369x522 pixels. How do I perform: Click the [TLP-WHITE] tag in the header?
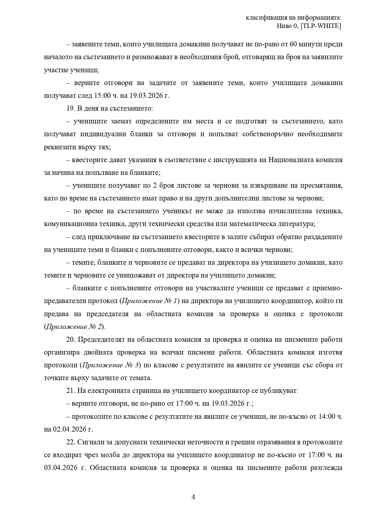pyautogui.click(x=321, y=26)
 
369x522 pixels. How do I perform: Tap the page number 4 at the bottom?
pyautogui.click(x=193, y=497)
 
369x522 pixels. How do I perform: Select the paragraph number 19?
pyautogui.click(x=70, y=109)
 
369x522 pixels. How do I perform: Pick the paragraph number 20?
pyautogui.click(x=70, y=339)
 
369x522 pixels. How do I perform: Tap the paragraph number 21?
pyautogui.click(x=70, y=391)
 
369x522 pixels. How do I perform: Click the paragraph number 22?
pyautogui.click(x=70, y=442)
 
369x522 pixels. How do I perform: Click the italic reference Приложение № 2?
pyautogui.click(x=74, y=327)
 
